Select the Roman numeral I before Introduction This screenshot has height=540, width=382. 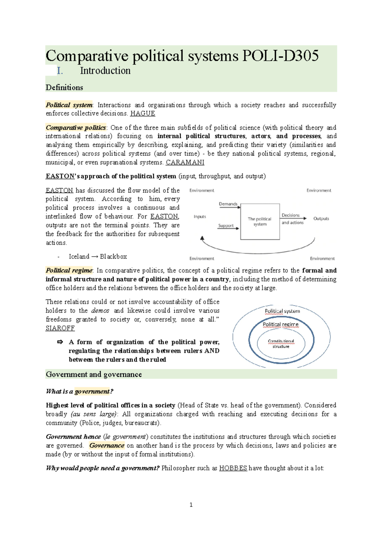pyautogui.click(x=60, y=71)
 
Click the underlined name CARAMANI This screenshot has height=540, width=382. pyautogui.click(x=185, y=163)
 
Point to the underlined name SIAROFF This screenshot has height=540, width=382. pyautogui.click(x=60, y=328)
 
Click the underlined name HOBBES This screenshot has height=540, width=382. pyautogui.click(x=233, y=468)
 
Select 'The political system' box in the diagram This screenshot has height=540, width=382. pyautogui.click(x=260, y=222)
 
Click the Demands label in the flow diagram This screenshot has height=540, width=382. pyautogui.click(x=228, y=204)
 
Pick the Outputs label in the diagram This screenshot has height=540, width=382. pyautogui.click(x=321, y=218)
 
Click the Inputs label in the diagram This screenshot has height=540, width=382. pyautogui.click(x=200, y=217)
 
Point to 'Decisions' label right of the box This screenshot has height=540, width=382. pyautogui.click(x=290, y=215)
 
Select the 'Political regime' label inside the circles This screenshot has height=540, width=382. pyautogui.click(x=280, y=324)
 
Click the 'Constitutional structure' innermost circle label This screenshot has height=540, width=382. pyautogui.click(x=281, y=344)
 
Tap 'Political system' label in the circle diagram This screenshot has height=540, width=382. pyautogui.click(x=282, y=311)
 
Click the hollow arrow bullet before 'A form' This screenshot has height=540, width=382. pyautogui.click(x=60, y=342)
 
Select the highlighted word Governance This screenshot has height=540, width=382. pyautogui.click(x=107, y=446)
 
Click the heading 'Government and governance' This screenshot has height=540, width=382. pyautogui.click(x=94, y=374)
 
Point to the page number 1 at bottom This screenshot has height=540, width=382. pyautogui.click(x=191, y=505)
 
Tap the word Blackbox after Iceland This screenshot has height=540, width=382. pyautogui.click(x=113, y=257)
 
